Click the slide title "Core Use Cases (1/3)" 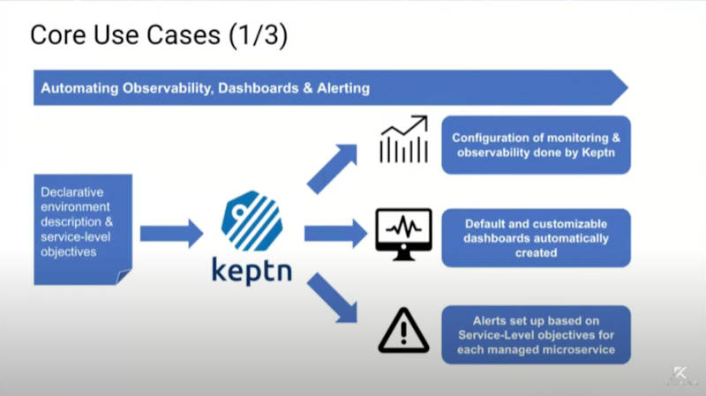(x=159, y=35)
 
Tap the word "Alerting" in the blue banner (x=343, y=87)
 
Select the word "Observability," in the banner (x=168, y=88)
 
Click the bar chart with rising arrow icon (x=404, y=139)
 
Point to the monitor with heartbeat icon (x=403, y=235)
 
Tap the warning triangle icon (x=403, y=331)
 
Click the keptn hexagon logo (x=252, y=220)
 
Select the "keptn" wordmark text (x=252, y=270)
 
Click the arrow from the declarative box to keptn (x=171, y=234)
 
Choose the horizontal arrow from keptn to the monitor (x=336, y=234)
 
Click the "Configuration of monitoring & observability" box (x=536, y=145)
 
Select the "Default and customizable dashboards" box (x=536, y=238)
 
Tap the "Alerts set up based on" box (x=536, y=335)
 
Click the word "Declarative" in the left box (x=72, y=192)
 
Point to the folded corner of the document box (x=124, y=276)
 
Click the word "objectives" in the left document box (x=69, y=252)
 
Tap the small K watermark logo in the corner (x=680, y=372)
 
